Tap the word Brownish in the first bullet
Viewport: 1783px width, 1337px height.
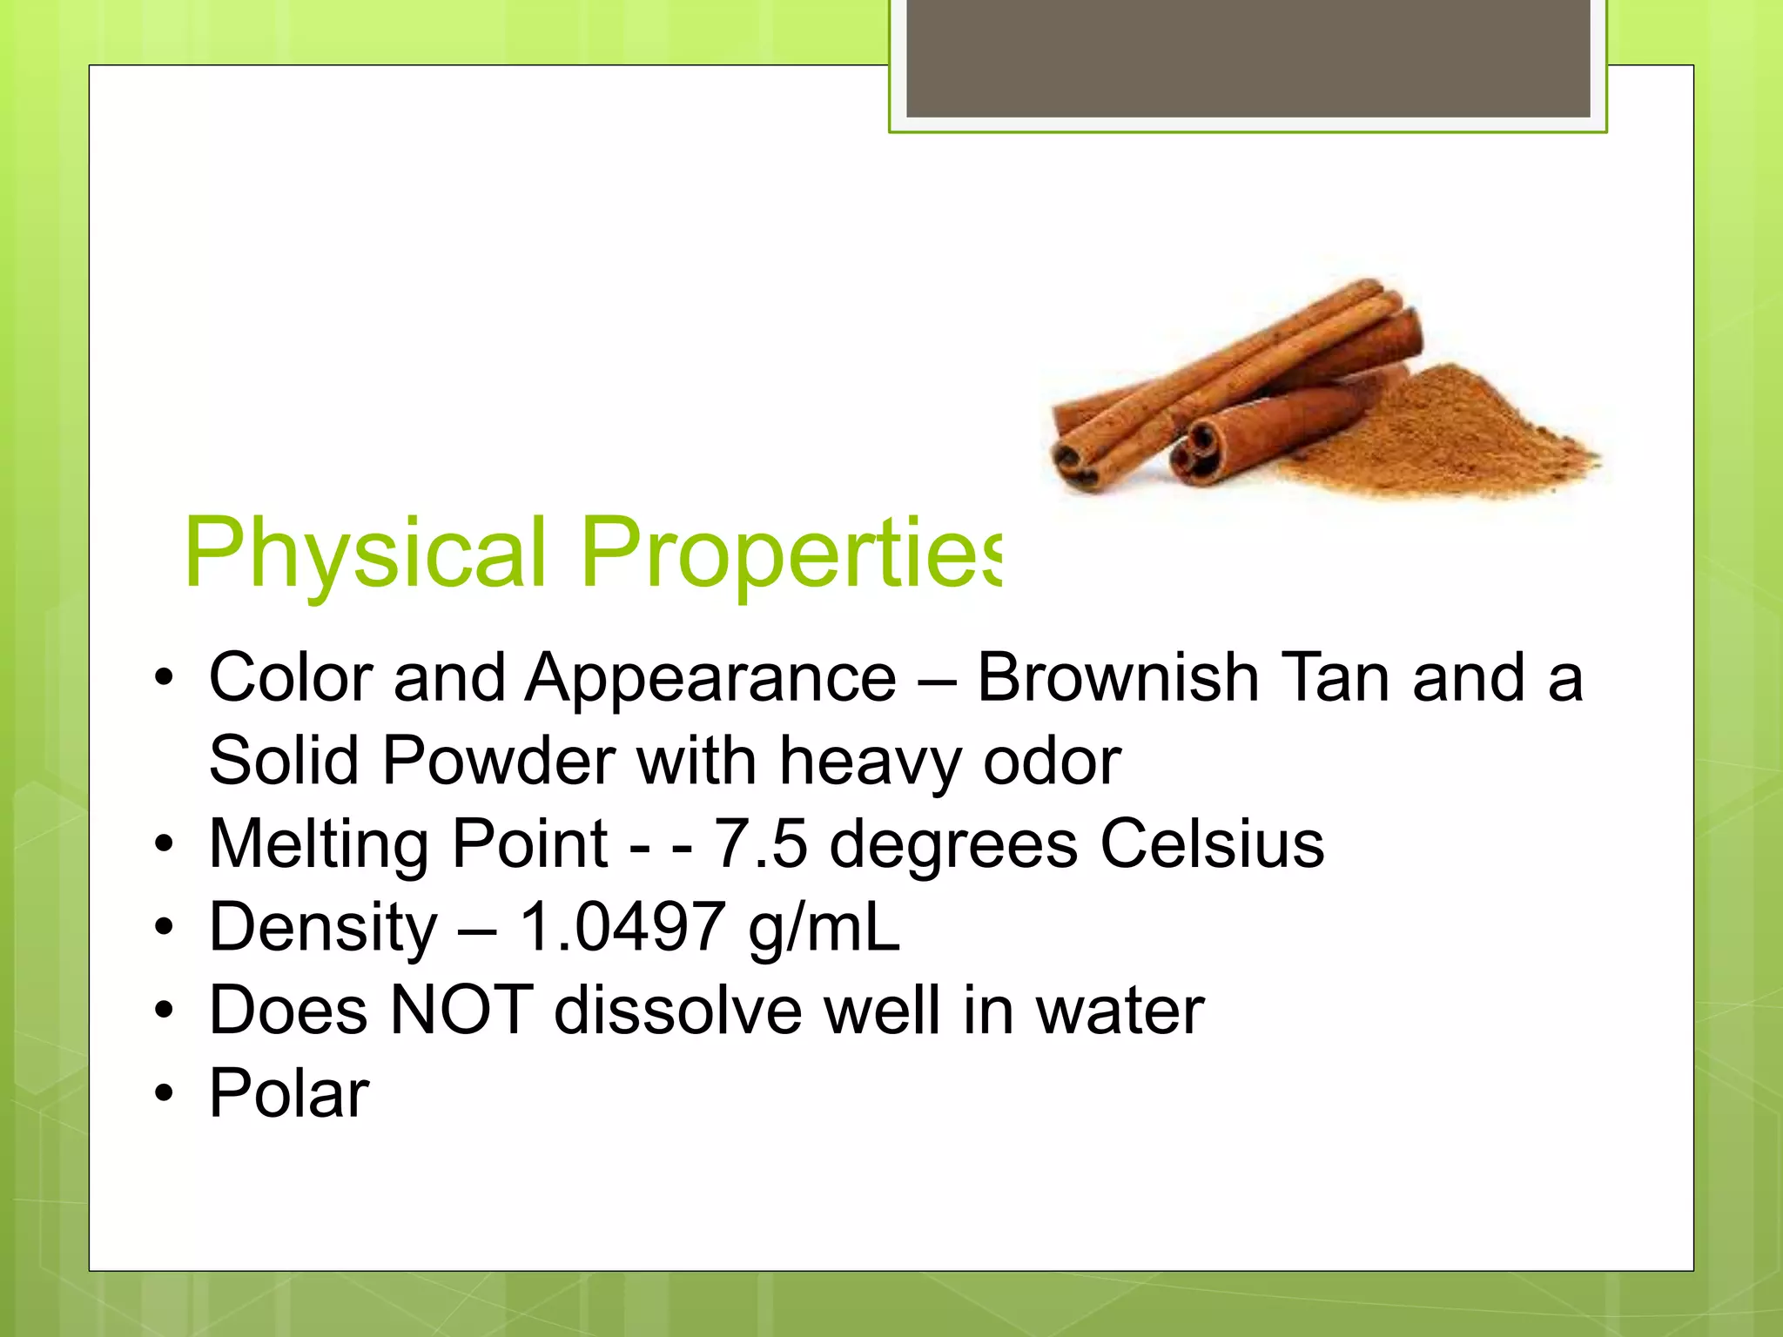pyautogui.click(x=1118, y=678)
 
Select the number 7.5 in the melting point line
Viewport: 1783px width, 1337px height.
pyautogui.click(x=760, y=843)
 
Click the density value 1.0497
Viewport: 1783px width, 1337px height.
pyautogui.click(x=622, y=927)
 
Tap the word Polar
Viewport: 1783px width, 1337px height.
pyautogui.click(x=289, y=1093)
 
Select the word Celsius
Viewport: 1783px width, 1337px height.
pyautogui.click(x=1212, y=843)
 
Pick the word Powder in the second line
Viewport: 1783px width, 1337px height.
pyautogui.click(x=499, y=761)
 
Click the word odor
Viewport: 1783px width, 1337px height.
pyautogui.click(x=1052, y=761)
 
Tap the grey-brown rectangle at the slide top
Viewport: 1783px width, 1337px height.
pyautogui.click(x=1248, y=58)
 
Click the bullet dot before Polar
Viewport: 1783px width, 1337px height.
pyautogui.click(x=164, y=1093)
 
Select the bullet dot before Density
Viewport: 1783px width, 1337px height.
pyautogui.click(x=164, y=928)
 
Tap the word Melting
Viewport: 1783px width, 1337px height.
pyautogui.click(x=319, y=845)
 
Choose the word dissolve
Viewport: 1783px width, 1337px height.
pyautogui.click(x=678, y=1011)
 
